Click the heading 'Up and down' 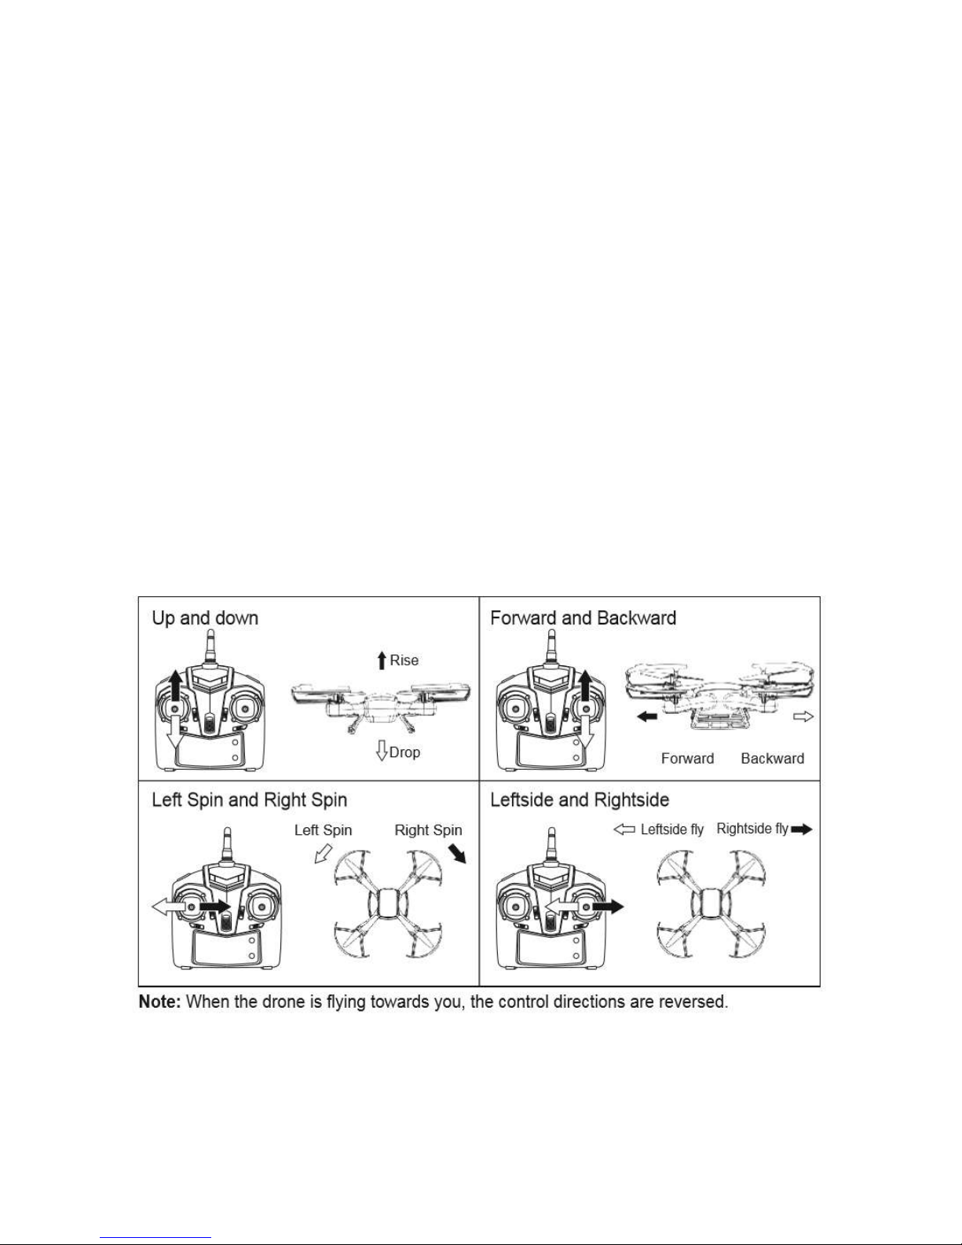[205, 618]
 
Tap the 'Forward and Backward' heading [583, 618]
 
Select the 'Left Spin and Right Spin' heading [249, 800]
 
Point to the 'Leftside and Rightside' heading [580, 800]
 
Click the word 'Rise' [404, 661]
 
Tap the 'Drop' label [405, 752]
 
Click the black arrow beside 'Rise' [382, 661]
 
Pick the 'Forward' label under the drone [687, 759]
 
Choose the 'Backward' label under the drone [772, 759]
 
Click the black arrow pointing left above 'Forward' [646, 716]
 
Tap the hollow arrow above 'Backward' [804, 716]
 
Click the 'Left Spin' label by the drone [323, 830]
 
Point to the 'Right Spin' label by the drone [428, 830]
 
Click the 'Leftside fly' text [672, 829]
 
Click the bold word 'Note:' [162, 1003]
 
